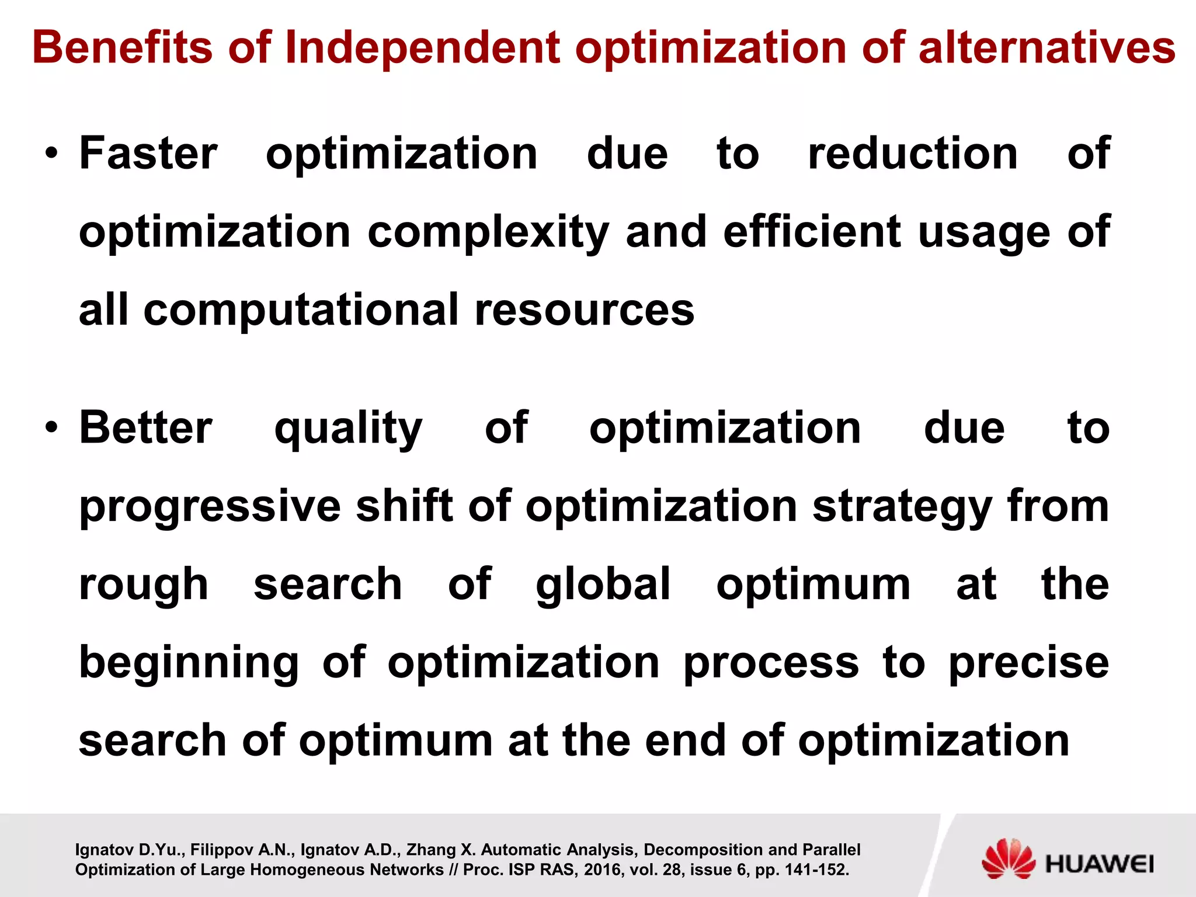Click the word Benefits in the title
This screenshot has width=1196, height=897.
click(x=123, y=48)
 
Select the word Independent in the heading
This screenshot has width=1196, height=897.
click(x=422, y=48)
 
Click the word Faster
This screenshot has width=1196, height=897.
click(x=148, y=154)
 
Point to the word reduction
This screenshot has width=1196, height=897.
click(x=913, y=154)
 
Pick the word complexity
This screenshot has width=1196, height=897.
click(x=488, y=232)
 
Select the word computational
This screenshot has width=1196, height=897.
click(x=301, y=310)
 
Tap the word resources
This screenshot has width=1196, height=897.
click(x=585, y=310)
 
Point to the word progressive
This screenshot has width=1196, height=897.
click(x=210, y=507)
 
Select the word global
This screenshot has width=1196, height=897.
click(x=603, y=585)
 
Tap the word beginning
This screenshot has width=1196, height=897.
click(x=189, y=663)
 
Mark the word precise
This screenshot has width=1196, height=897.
click(x=1028, y=663)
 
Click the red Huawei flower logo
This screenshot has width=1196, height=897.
click(x=1009, y=858)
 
